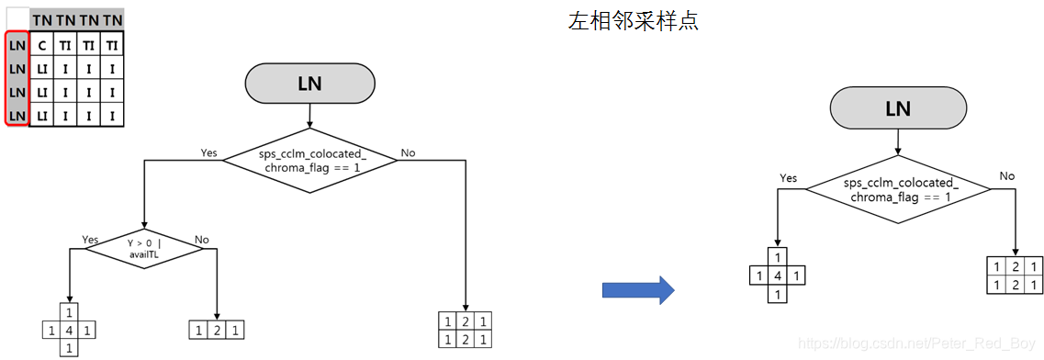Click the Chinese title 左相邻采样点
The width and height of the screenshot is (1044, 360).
(x=633, y=21)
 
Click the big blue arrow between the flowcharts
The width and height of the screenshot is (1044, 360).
(x=637, y=291)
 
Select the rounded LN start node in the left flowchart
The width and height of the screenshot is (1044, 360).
(x=309, y=84)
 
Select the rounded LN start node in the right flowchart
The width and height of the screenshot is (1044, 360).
(x=896, y=108)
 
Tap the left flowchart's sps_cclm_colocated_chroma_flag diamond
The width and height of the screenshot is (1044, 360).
(x=309, y=160)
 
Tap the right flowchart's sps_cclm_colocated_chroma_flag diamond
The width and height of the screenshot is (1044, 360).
(x=897, y=189)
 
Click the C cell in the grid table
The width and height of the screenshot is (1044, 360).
(x=42, y=45)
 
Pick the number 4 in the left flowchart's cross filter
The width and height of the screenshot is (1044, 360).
(x=70, y=329)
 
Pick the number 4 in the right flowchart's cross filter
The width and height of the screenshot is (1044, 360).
(x=777, y=276)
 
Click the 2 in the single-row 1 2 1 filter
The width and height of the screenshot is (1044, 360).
(x=217, y=330)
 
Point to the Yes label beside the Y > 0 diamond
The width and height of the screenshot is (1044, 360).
(x=90, y=239)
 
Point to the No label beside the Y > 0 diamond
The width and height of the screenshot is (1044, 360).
(x=202, y=240)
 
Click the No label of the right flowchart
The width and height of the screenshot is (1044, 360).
(x=1006, y=175)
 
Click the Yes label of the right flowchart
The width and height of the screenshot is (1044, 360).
(x=788, y=178)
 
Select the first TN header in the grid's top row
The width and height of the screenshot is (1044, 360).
(x=42, y=18)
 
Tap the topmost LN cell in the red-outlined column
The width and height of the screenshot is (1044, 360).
(x=17, y=45)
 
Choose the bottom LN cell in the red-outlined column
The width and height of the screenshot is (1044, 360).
(x=17, y=115)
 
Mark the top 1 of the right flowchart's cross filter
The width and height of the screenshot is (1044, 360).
(x=777, y=257)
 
